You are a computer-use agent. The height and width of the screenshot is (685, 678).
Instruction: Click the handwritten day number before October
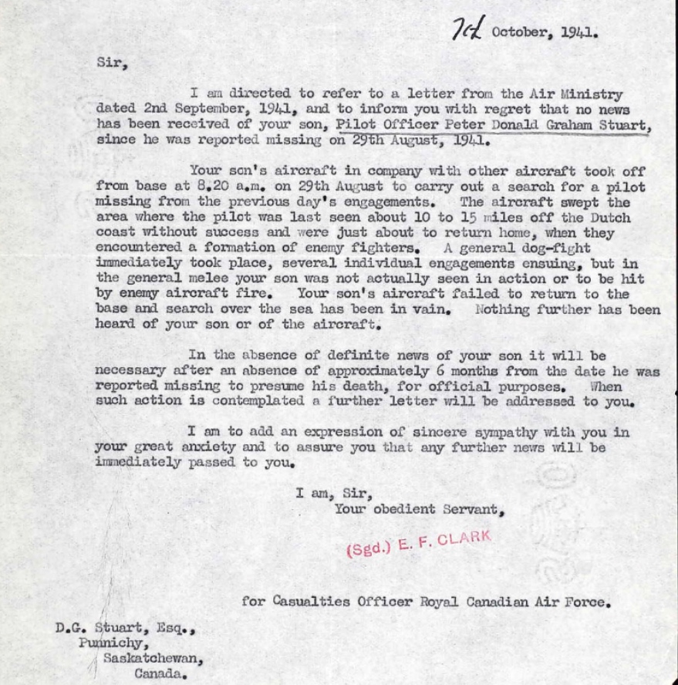click(x=467, y=32)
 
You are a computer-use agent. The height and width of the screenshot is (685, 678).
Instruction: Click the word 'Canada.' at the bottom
click(x=161, y=673)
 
